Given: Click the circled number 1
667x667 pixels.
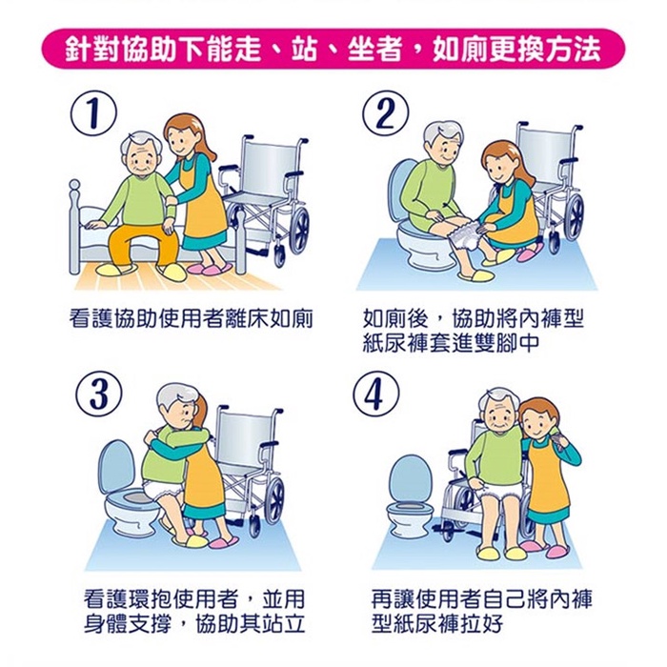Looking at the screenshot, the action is coord(93,112).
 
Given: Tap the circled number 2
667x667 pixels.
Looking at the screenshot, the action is coord(385,112).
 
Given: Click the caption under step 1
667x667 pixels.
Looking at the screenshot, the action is coord(191,318).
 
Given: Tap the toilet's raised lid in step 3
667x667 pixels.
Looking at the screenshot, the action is coord(116,467).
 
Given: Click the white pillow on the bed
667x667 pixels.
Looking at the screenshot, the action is coord(99,217).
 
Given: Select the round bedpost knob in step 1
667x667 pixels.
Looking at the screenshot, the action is coord(75,185).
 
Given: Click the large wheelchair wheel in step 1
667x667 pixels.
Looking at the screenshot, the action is coord(298,232).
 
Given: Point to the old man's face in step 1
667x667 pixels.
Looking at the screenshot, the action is coord(143,160).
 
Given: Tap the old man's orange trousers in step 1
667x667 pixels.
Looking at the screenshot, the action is coord(141,246).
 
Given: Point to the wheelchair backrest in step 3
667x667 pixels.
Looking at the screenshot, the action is coord(243,439).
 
